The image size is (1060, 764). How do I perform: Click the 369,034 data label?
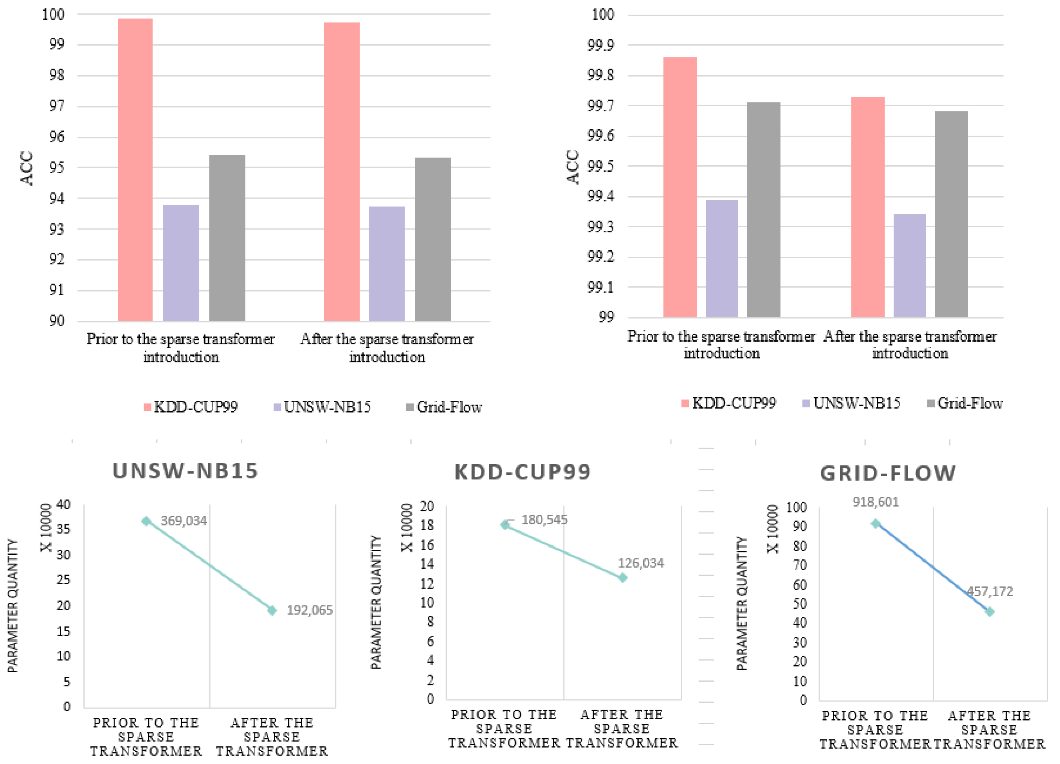pos(184,521)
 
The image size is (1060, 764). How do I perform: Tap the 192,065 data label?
pos(309,610)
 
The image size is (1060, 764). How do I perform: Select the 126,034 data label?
pos(641,563)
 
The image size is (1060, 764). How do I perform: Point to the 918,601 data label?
pos(875,502)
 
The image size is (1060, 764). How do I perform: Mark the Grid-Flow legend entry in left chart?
pos(444,407)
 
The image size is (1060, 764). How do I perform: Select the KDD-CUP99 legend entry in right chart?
pos(729,403)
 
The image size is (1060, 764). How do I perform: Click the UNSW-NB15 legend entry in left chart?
pos(322,407)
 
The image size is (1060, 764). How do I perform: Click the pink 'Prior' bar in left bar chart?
pos(135,170)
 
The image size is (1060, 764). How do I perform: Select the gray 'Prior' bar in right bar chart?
pos(764,210)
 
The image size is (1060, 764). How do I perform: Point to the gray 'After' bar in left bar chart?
pos(433,240)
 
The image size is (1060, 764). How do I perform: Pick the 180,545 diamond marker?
pos(505,524)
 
